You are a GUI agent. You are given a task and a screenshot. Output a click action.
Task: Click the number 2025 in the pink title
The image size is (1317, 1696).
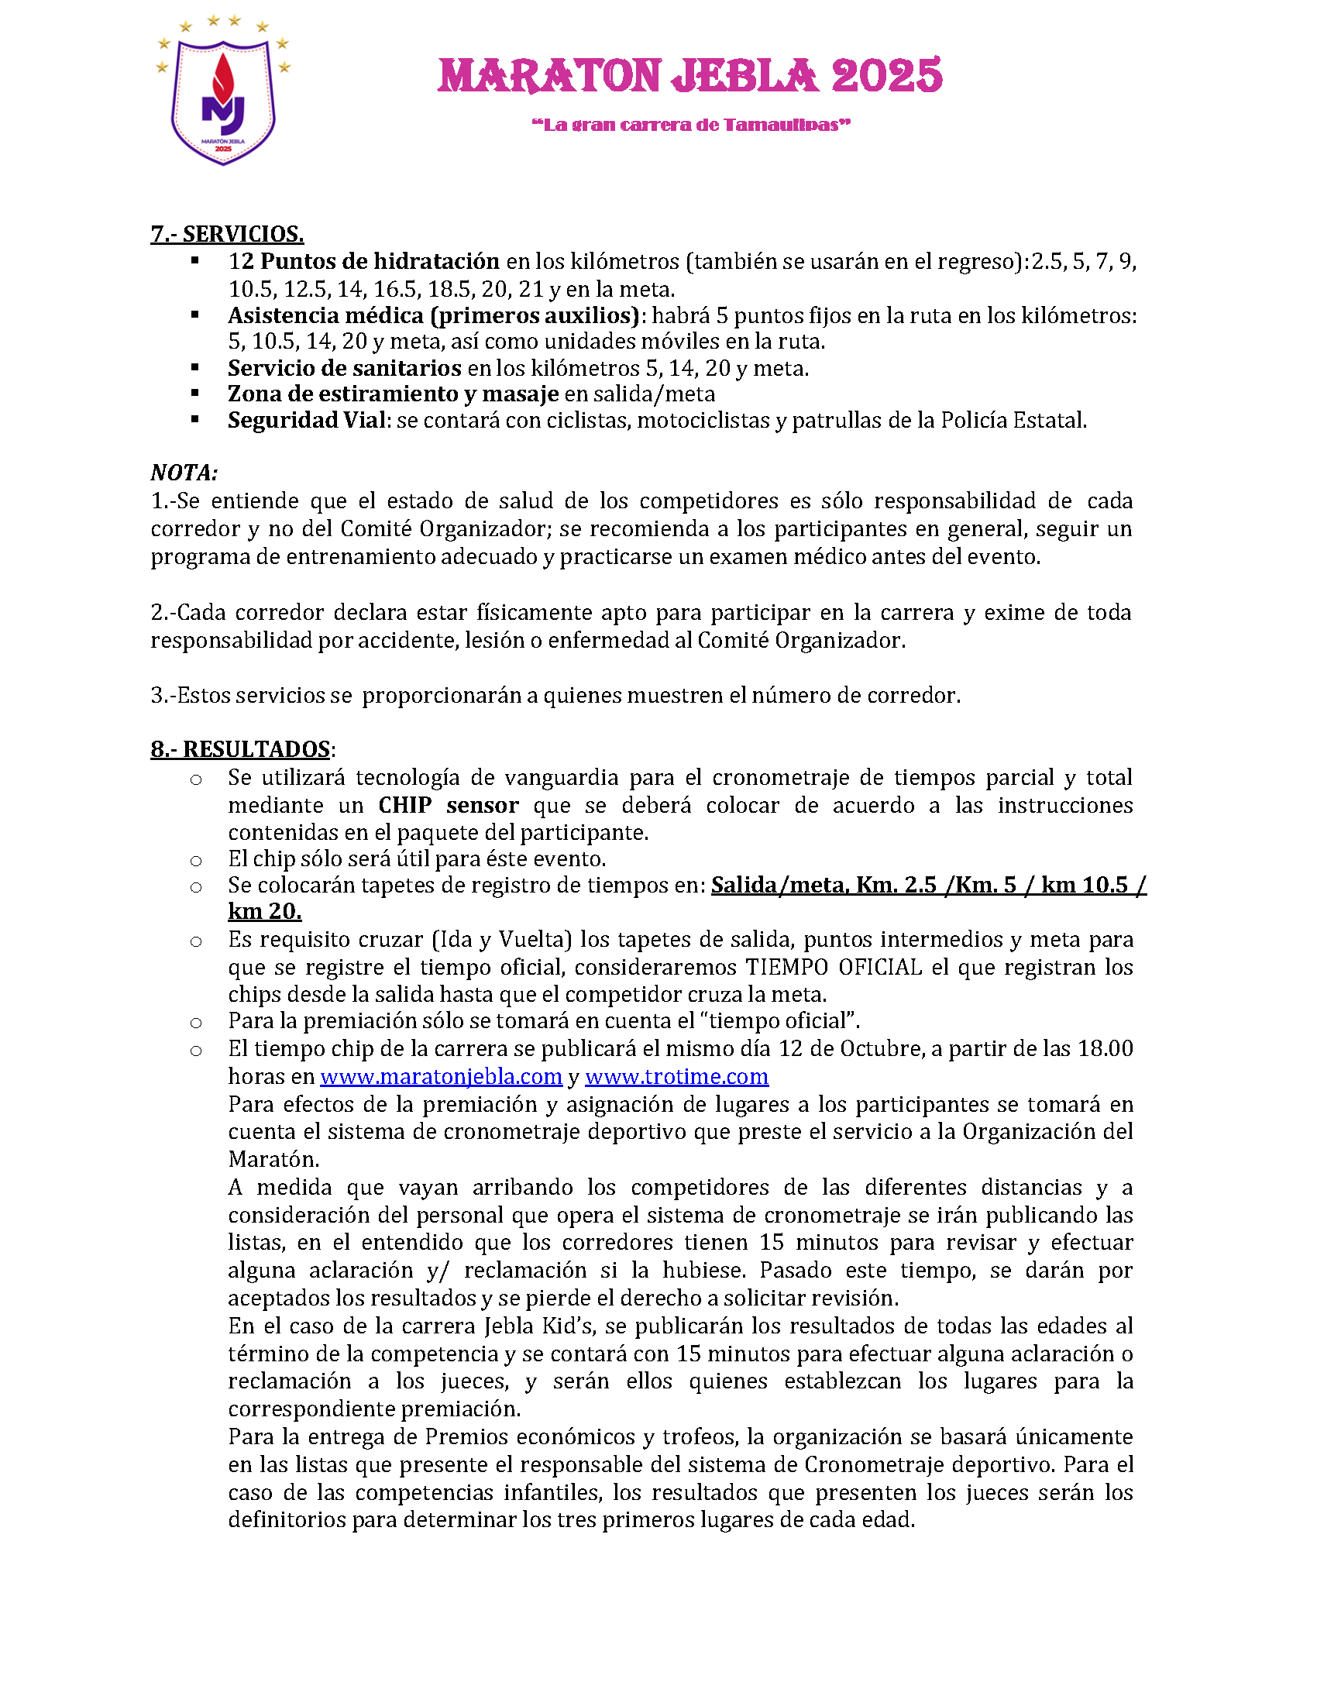886,77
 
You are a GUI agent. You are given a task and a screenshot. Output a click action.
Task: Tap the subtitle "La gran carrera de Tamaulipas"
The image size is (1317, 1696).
691,125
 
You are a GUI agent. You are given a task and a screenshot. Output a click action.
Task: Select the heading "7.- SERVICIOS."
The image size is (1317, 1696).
227,234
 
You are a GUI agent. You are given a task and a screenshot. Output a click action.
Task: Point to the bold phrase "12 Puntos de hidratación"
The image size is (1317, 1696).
363,261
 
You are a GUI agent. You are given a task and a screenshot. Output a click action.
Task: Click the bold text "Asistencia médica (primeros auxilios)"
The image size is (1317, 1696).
434,315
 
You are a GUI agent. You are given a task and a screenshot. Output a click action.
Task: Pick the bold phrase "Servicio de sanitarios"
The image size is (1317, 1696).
344,368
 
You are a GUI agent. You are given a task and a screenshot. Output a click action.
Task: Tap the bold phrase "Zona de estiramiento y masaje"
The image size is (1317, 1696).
393,394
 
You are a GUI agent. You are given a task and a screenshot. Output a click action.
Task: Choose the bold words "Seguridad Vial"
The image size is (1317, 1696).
306,421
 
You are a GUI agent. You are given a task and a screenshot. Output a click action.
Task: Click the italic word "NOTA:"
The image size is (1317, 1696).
184,473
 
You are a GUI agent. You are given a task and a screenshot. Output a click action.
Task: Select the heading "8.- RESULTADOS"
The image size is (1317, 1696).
241,749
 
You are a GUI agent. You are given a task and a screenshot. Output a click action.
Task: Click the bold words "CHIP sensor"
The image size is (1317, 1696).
448,805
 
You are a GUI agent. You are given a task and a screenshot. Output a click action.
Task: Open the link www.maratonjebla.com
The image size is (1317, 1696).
440,1076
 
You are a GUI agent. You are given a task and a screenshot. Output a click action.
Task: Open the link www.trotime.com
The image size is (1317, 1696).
676,1076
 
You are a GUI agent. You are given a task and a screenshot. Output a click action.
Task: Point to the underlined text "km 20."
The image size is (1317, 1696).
264,911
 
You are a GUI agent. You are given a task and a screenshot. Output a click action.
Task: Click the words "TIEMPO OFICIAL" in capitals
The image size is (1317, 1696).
834,968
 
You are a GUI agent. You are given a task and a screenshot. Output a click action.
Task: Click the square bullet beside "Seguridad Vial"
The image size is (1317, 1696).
195,420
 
